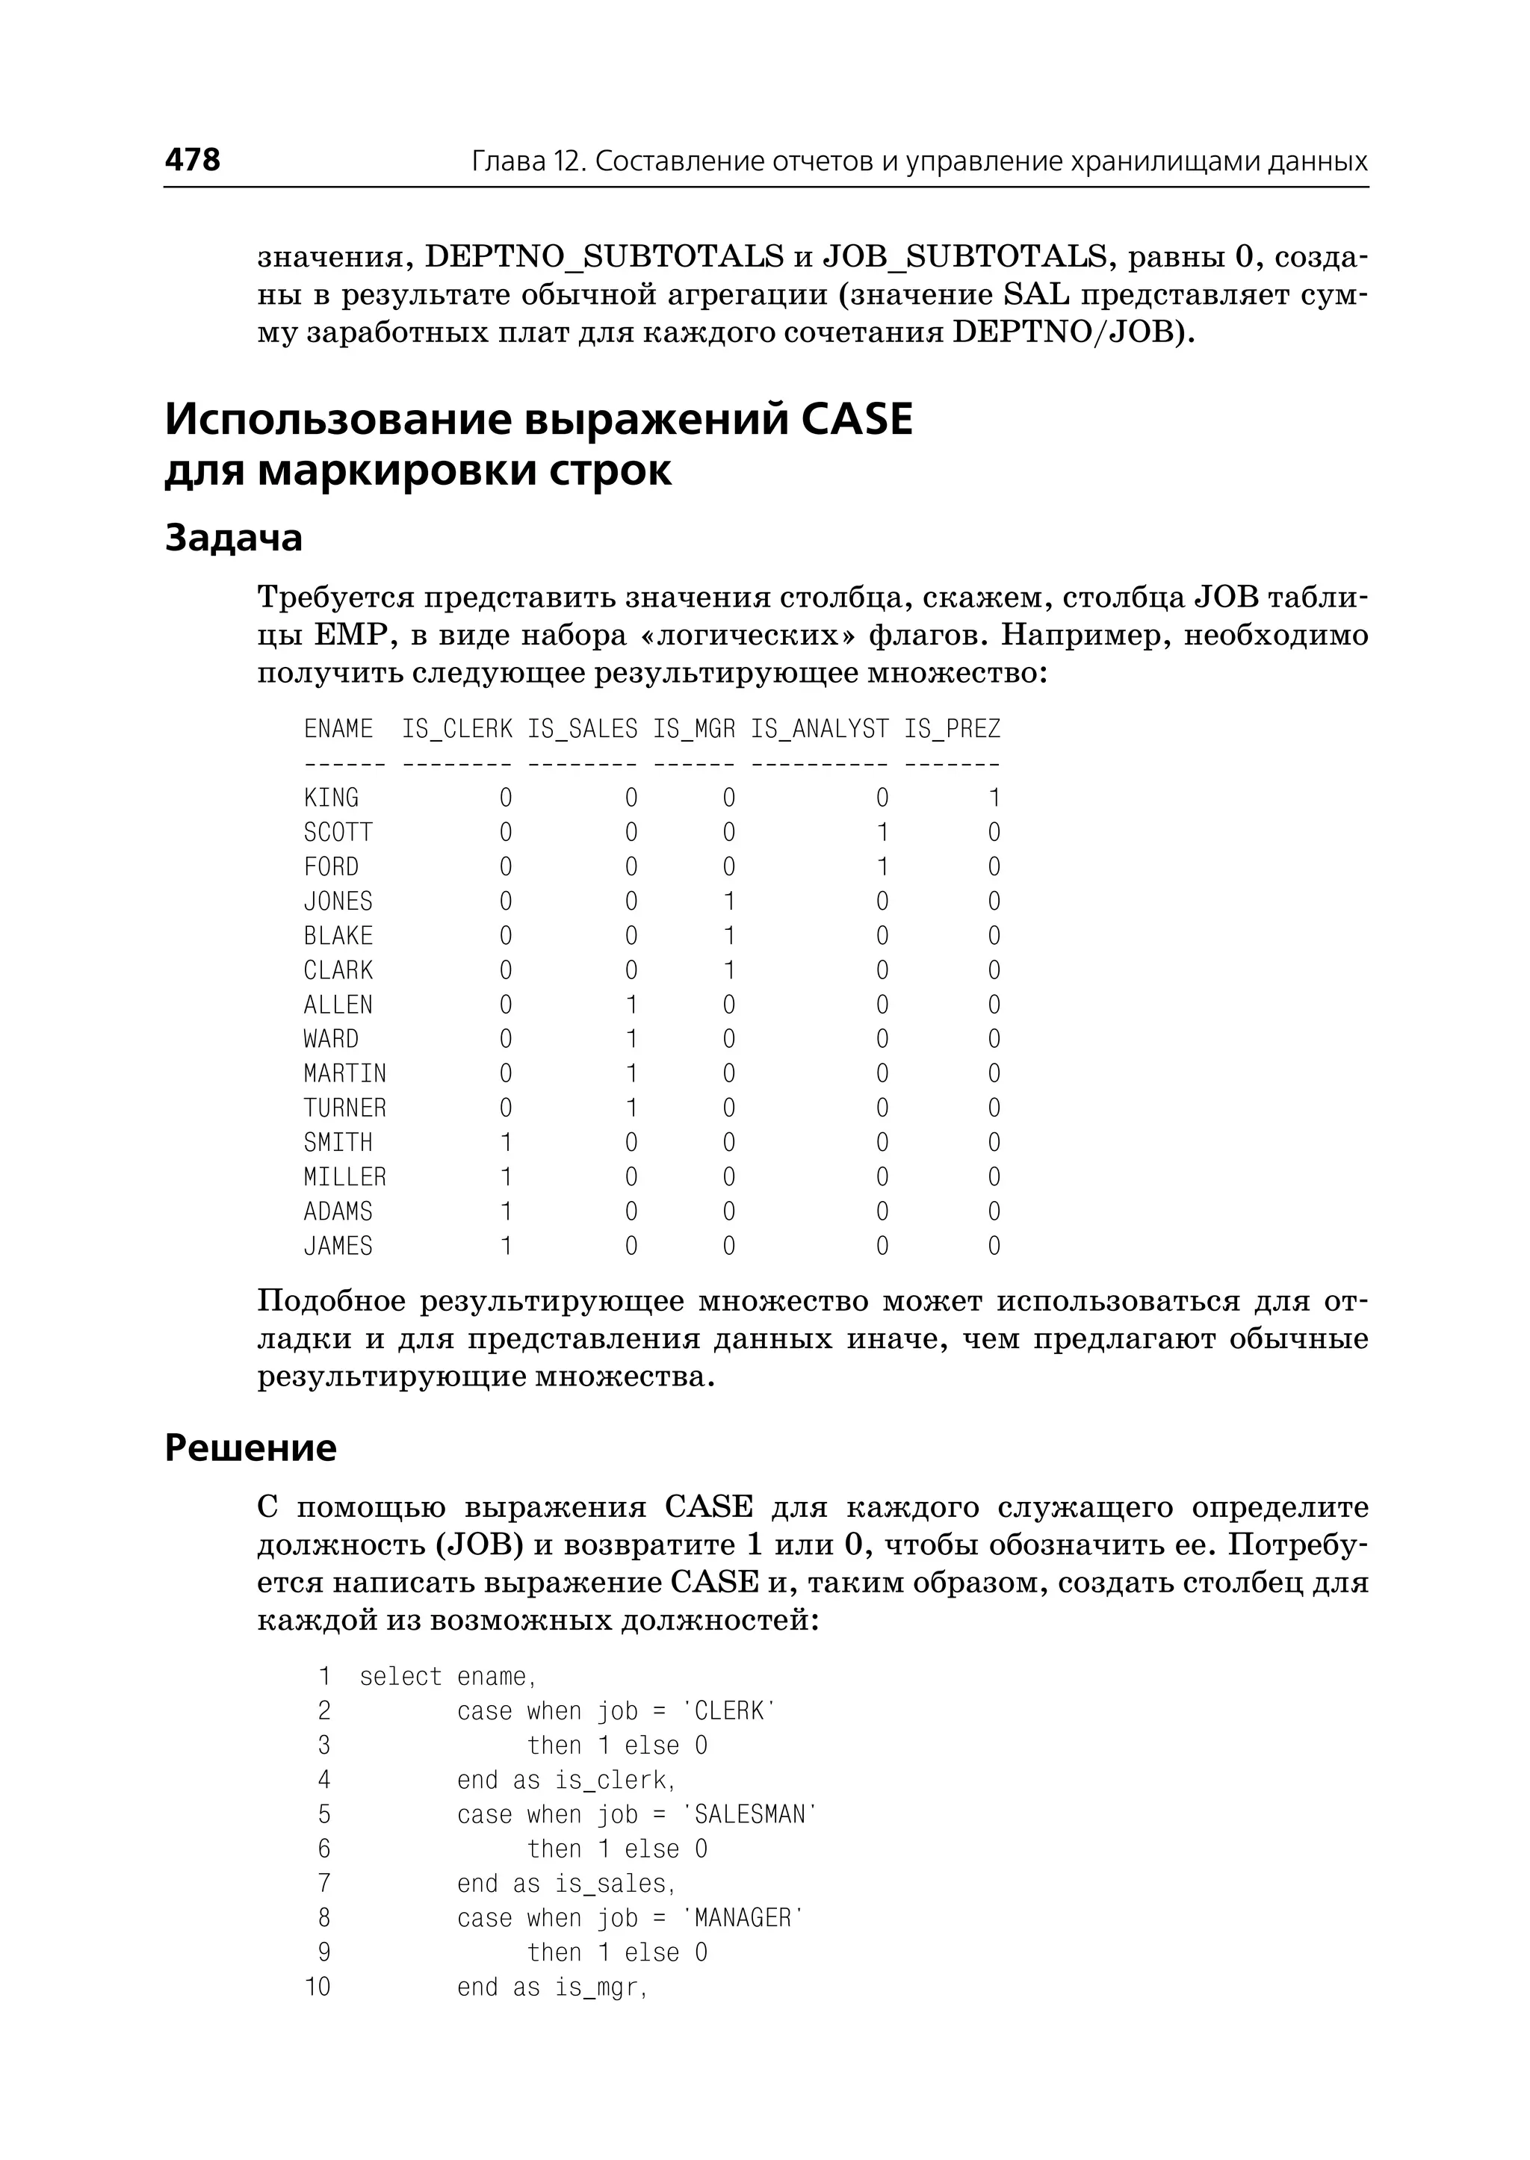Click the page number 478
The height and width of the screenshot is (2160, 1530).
pyautogui.click(x=192, y=159)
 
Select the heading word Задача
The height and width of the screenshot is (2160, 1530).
pyautogui.click(x=234, y=538)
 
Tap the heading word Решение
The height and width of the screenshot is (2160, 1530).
pyautogui.click(x=250, y=1448)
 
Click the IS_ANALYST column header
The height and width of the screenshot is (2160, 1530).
pyautogui.click(x=819, y=729)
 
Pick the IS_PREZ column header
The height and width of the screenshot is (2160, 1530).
pyautogui.click(x=952, y=729)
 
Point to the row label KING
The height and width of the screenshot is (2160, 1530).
pyautogui.click(x=331, y=798)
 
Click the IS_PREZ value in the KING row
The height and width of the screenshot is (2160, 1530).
pyautogui.click(x=994, y=798)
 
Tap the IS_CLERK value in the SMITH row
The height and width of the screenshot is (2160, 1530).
pyautogui.click(x=506, y=1143)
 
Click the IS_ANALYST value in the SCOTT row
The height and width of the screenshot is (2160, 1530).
pyautogui.click(x=882, y=833)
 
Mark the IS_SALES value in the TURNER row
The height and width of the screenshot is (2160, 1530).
pyautogui.click(x=631, y=1108)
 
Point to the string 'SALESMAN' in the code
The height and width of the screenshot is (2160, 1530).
pyautogui.click(x=749, y=1815)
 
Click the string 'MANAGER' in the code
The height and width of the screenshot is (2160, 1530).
pyautogui.click(x=743, y=1919)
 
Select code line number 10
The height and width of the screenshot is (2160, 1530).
pyautogui.click(x=318, y=1987)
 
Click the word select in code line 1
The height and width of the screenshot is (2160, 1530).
pyautogui.click(x=400, y=1677)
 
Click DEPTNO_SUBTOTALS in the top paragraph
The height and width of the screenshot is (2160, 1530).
pyautogui.click(x=604, y=256)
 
